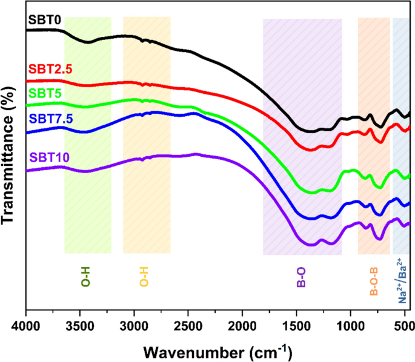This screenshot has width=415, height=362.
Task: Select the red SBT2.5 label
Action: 50,69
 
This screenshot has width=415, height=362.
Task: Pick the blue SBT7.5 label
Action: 50,119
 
